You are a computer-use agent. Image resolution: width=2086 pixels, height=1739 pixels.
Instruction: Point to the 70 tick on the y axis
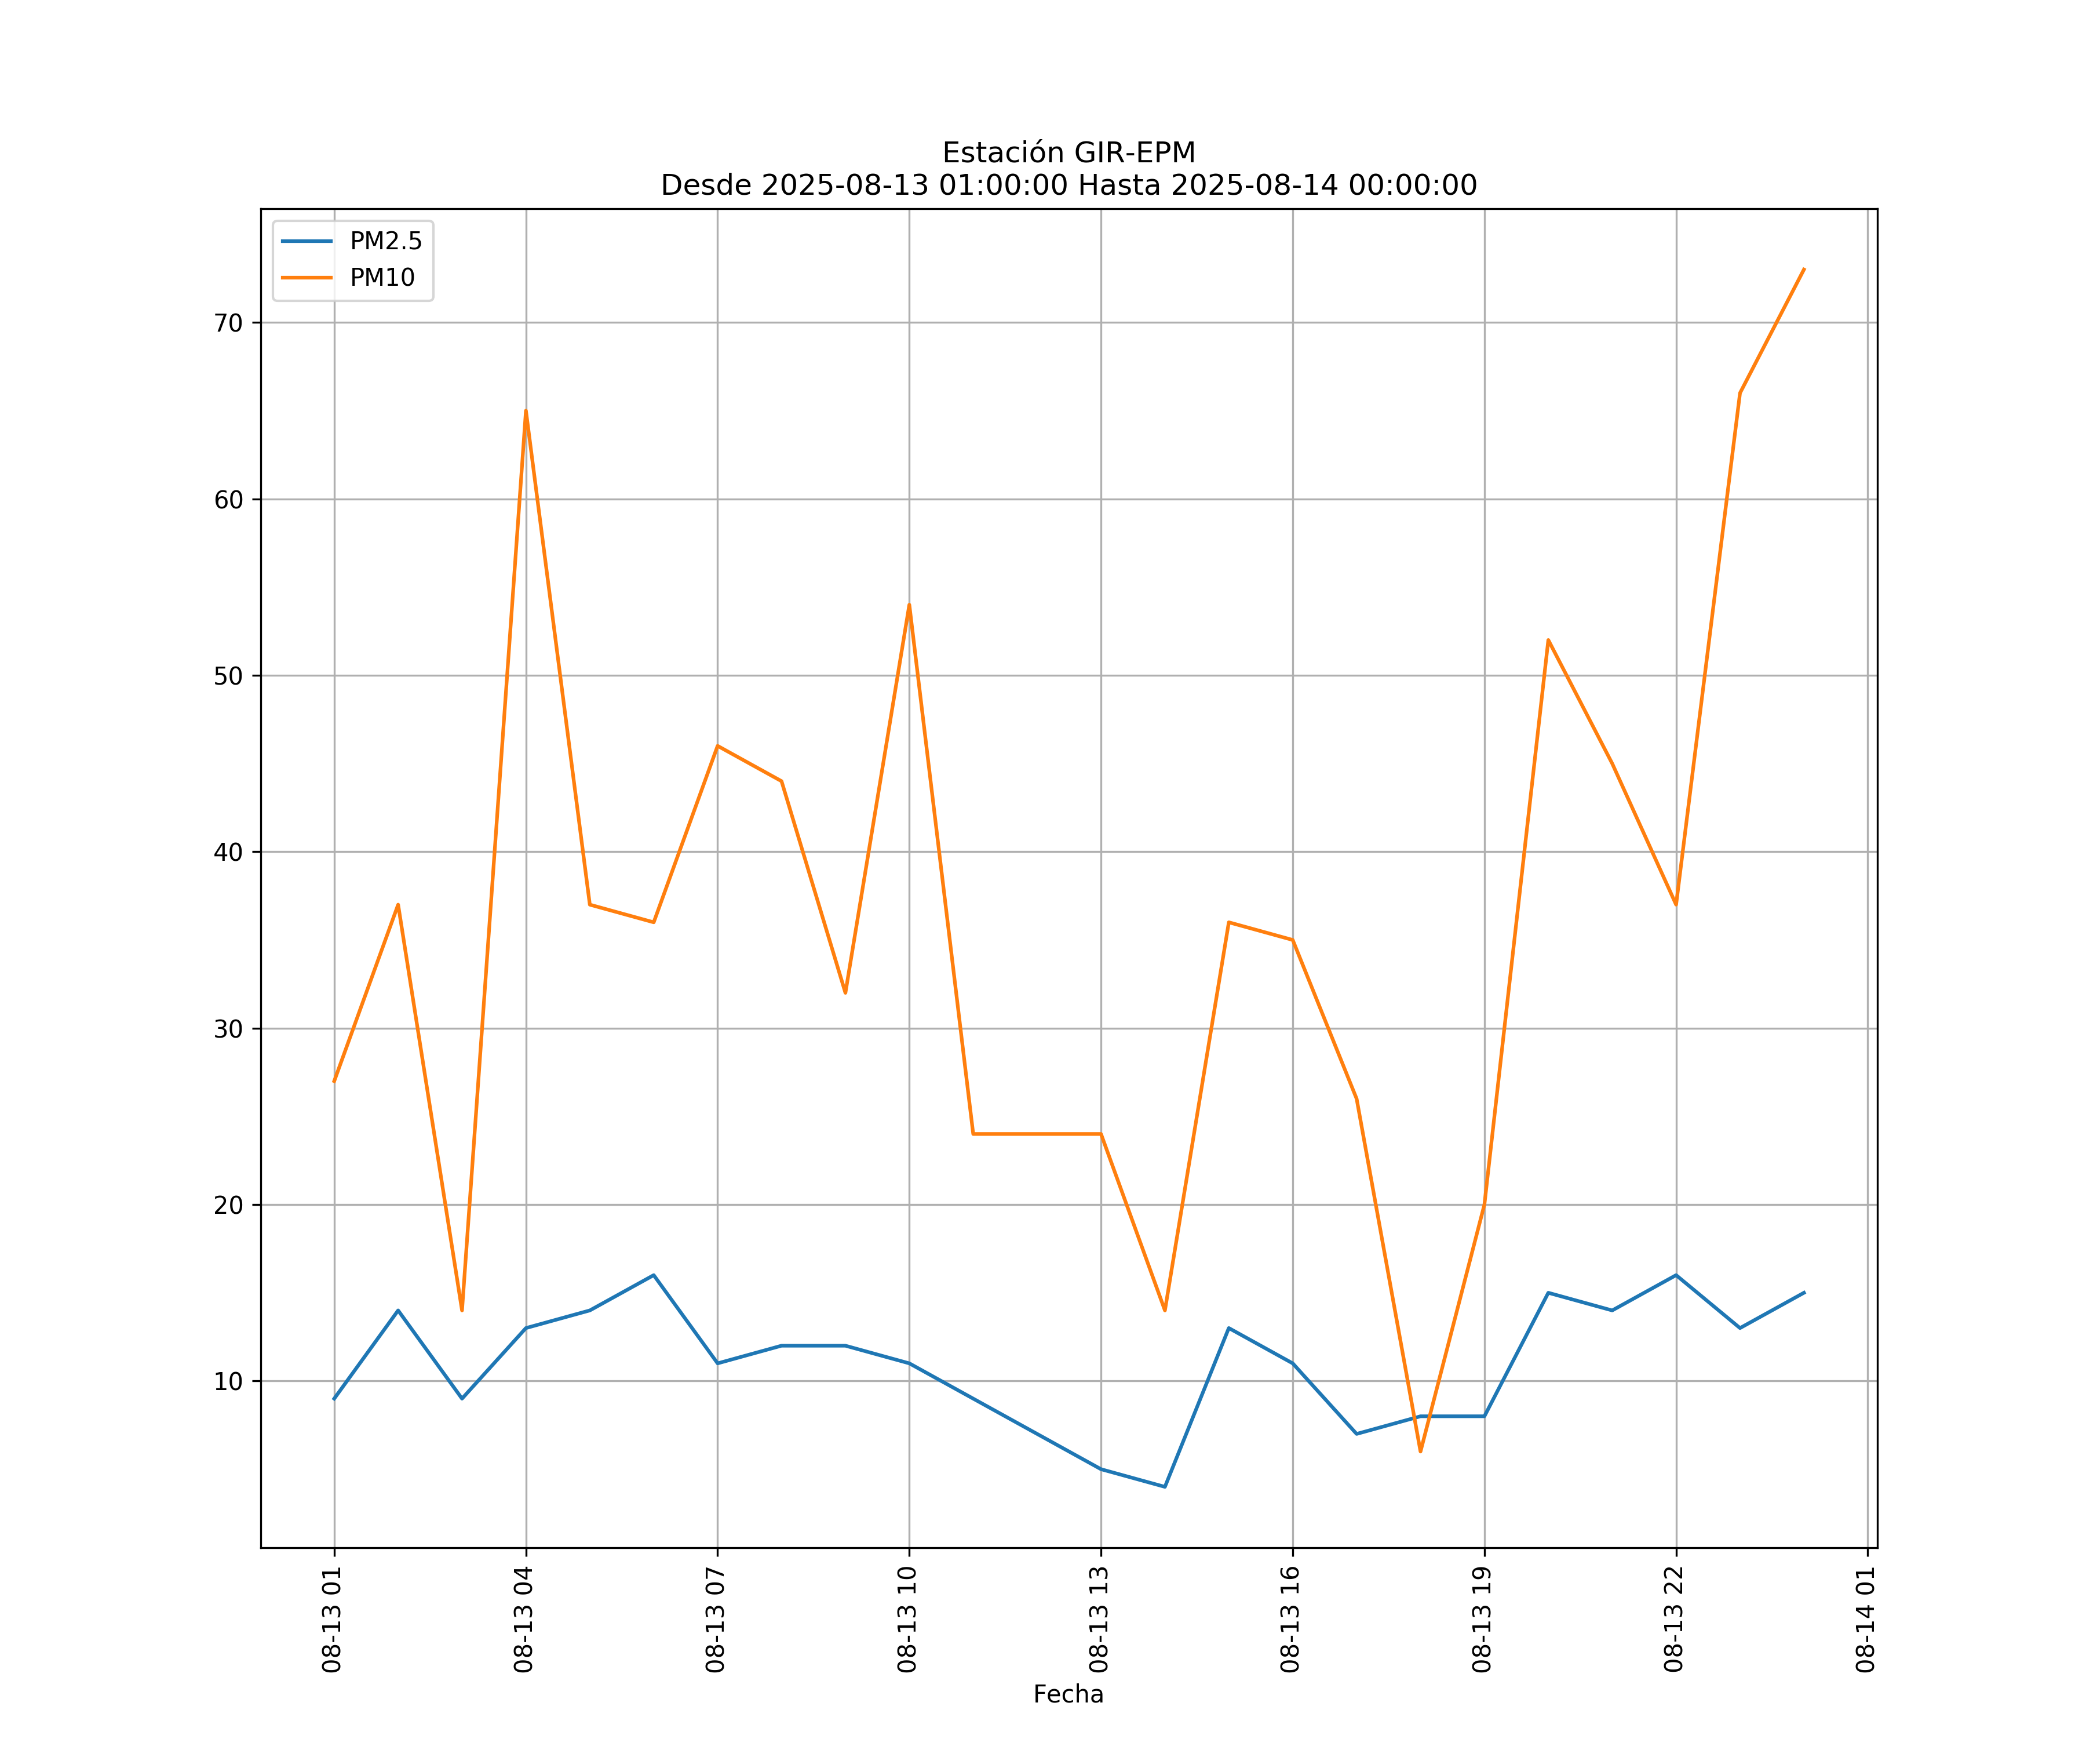coord(228,323)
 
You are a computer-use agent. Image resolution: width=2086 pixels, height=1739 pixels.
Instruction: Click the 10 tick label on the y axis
coord(228,1381)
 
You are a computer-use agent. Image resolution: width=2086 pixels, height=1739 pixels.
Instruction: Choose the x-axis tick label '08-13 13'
coord(1099,1620)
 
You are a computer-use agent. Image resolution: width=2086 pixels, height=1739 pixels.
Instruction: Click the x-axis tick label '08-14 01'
coord(1865,1620)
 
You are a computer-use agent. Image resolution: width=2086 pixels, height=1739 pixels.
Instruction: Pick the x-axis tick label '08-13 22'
coord(1674,1620)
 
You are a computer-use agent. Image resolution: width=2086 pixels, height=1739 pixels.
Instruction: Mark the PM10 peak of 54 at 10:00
coord(909,605)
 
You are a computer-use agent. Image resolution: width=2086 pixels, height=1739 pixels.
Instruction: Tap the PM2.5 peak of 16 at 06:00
coord(654,1275)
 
